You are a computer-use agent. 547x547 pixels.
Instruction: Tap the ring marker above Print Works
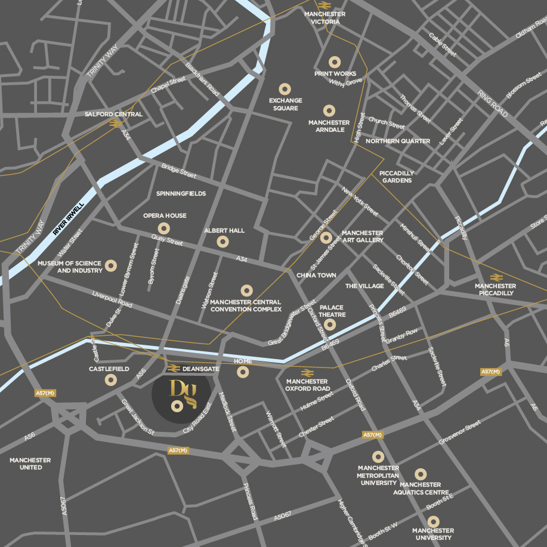pos(334,62)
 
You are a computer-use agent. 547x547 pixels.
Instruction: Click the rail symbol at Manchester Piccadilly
pos(495,277)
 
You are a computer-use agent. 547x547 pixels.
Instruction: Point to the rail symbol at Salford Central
pos(116,124)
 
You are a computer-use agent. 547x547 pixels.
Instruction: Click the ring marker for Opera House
pos(164,228)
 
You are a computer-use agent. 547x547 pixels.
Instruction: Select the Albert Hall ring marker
pos(222,242)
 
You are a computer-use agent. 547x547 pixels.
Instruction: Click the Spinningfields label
pos(181,193)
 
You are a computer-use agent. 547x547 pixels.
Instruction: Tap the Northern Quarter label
pos(398,141)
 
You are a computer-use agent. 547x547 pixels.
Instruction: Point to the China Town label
pos(316,276)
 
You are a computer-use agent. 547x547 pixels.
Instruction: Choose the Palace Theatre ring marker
pos(329,325)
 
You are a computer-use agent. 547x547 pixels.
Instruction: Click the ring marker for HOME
pos(243,372)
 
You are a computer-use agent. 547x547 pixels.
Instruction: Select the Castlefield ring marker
pos(110,381)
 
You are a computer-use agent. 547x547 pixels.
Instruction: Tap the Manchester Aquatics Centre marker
pos(421,474)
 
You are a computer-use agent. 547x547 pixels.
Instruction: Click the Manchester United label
pos(30,463)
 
